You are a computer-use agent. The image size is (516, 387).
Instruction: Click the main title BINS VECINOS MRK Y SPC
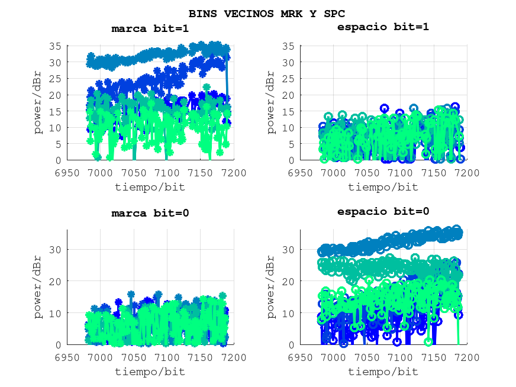(x=266, y=13)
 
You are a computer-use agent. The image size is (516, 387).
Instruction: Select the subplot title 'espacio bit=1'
(x=383, y=27)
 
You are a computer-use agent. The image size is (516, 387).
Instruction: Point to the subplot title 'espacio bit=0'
(x=383, y=211)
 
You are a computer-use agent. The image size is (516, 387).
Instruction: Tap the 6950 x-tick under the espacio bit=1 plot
(x=300, y=172)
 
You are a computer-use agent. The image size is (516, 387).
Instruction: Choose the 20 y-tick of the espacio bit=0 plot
(x=288, y=282)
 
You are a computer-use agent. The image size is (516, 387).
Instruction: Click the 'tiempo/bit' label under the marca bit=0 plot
(x=150, y=372)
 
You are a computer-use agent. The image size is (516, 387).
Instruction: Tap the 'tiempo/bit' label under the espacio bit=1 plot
(x=383, y=187)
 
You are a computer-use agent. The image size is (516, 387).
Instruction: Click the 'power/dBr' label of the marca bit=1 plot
(x=39, y=102)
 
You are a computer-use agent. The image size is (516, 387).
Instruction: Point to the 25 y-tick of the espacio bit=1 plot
(x=288, y=79)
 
